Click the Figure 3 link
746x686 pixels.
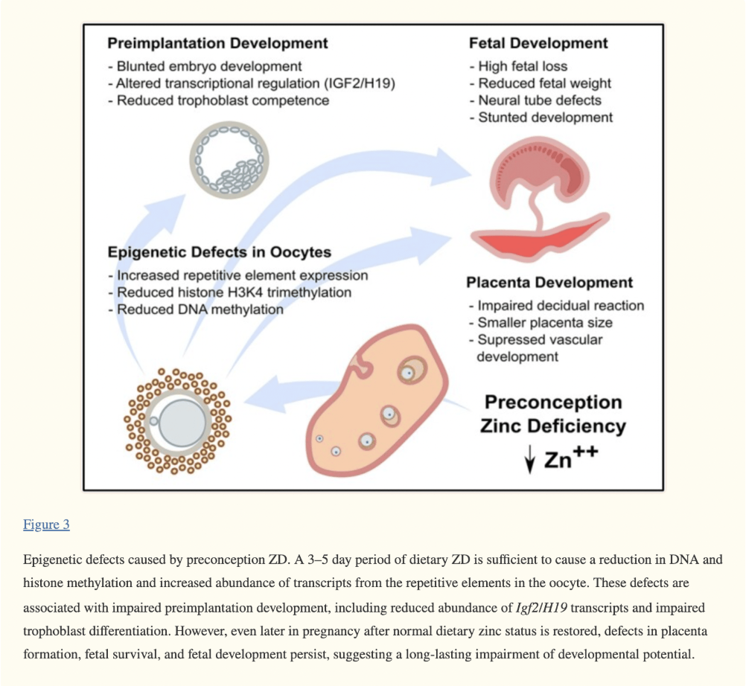(46, 525)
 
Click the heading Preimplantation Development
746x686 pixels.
(217, 43)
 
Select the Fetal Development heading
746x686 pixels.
(538, 43)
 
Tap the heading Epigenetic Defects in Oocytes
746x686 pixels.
(220, 252)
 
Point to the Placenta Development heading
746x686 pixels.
(549, 283)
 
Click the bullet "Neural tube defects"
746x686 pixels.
(535, 100)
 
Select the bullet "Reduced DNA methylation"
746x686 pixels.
(196, 310)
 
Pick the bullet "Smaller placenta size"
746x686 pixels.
(540, 323)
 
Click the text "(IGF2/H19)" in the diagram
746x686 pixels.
(360, 83)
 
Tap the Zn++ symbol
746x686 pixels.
(571, 458)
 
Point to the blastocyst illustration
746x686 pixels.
(229, 160)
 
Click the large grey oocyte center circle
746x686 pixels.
(182, 423)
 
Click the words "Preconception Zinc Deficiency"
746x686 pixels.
(553, 414)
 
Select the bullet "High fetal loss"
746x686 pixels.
(518, 66)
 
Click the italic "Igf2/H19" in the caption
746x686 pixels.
(541, 608)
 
